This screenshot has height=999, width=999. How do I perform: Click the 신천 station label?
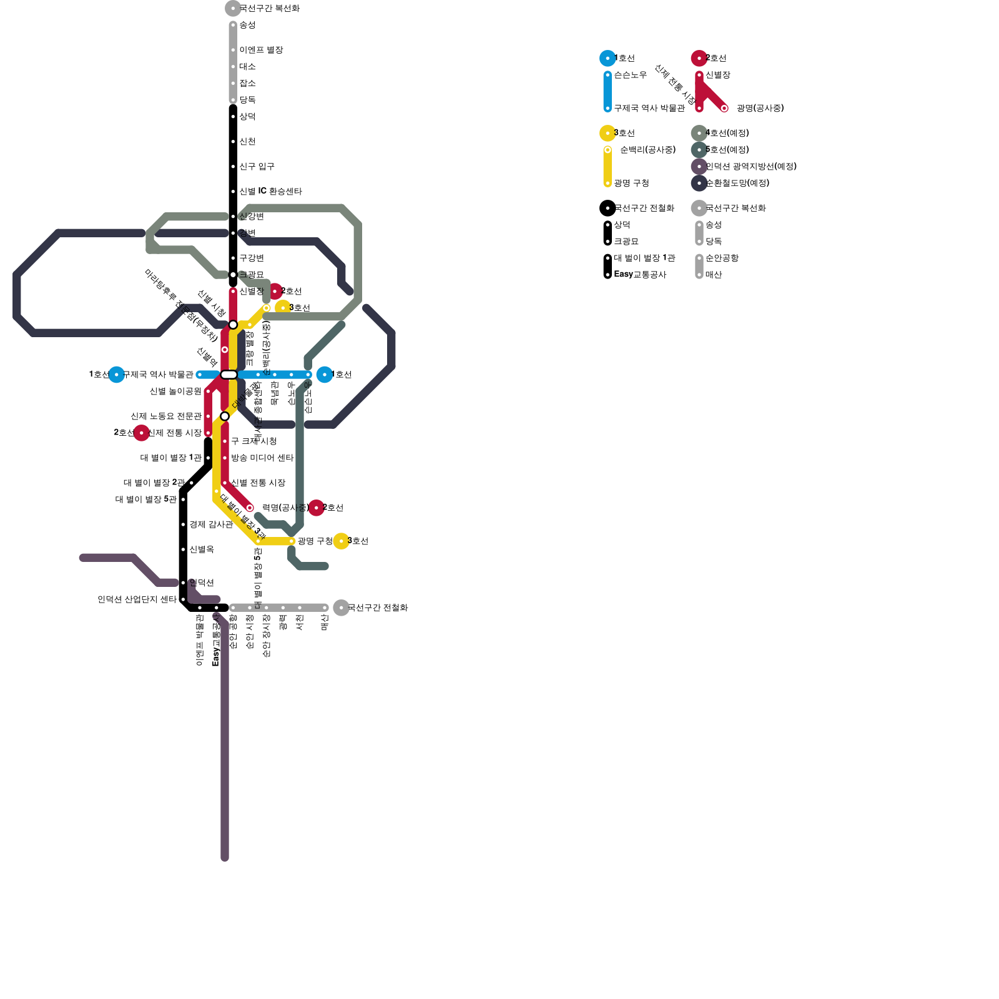[x=247, y=142]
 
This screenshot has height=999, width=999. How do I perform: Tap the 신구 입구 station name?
[x=257, y=167]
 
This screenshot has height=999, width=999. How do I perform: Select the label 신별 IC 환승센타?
[x=270, y=192]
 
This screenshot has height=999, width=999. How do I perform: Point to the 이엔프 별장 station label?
[x=261, y=50]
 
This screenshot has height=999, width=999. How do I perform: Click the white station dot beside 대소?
[x=233, y=67]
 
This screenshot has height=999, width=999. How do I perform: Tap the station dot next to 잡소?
[x=233, y=84]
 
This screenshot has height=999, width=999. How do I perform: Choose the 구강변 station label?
[x=252, y=258]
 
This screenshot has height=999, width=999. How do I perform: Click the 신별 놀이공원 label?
[x=175, y=391]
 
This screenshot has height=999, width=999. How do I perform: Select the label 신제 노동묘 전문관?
[x=166, y=416]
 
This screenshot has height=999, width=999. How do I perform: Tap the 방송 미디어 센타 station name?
[x=262, y=458]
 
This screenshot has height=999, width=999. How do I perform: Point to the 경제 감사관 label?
[x=211, y=524]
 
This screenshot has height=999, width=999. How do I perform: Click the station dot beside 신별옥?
[x=183, y=549]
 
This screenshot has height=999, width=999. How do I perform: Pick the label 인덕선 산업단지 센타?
[x=137, y=599]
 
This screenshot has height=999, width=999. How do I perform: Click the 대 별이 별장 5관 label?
[x=146, y=499]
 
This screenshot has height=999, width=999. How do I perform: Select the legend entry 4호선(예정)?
[x=727, y=133]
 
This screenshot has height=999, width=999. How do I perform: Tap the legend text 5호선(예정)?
[x=727, y=150]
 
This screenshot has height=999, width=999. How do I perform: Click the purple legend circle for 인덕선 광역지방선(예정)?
[x=699, y=167]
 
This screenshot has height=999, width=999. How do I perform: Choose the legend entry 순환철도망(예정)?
[x=737, y=184]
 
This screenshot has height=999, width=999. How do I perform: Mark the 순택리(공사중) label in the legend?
[x=647, y=150]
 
